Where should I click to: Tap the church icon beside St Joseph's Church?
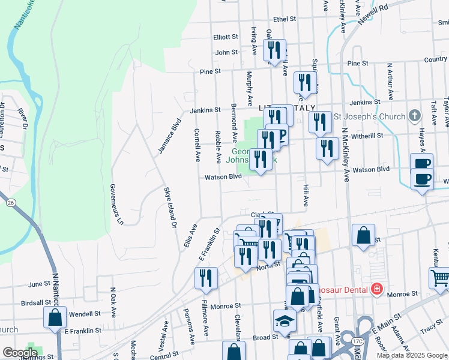414,115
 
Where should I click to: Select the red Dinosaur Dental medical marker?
376,289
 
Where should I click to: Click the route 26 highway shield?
11,203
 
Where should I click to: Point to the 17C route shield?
358,341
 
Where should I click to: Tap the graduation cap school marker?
285,321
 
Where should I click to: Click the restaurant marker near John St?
274,50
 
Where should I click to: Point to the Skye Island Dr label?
170,208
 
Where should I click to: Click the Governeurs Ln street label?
116,204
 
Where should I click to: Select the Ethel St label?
285,19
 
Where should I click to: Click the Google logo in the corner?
20,353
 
